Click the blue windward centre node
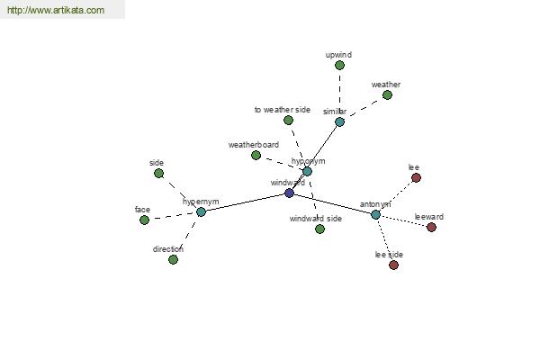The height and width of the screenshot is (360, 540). click(x=289, y=193)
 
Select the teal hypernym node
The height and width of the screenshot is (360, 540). click(x=201, y=211)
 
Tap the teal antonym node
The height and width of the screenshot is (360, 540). click(x=375, y=214)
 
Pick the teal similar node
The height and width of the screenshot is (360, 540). click(x=339, y=121)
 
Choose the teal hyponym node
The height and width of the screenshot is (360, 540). click(x=307, y=171)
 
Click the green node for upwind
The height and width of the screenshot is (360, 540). click(x=339, y=65)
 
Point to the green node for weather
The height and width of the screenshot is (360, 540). click(x=387, y=94)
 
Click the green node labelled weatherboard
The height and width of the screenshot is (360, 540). click(x=256, y=156)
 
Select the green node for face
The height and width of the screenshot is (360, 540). click(x=145, y=220)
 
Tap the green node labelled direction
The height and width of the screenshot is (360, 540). click(x=173, y=259)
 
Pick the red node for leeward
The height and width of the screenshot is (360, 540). click(x=431, y=227)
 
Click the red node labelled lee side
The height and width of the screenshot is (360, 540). click(x=393, y=265)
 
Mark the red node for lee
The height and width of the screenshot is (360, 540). click(x=417, y=178)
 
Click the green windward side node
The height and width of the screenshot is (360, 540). click(x=319, y=229)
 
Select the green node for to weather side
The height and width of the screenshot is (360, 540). click(x=288, y=121)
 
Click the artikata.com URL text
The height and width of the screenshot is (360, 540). click(x=56, y=10)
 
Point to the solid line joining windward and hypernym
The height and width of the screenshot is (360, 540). click(x=245, y=202)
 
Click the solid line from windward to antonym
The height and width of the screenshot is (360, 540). click(x=333, y=203)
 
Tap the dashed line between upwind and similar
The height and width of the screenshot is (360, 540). click(x=339, y=93)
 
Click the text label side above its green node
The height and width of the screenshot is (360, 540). click(x=157, y=163)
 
